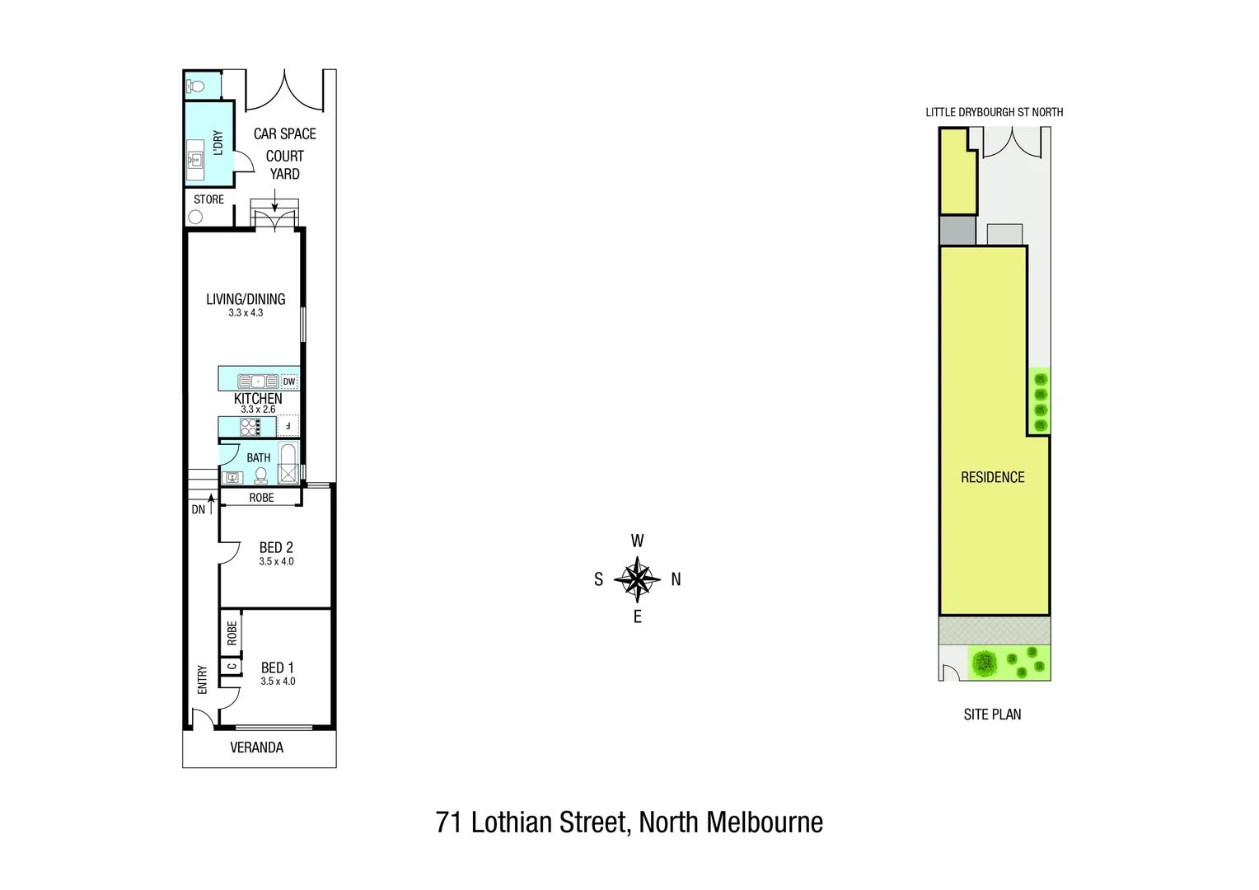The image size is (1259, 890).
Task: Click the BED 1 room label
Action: click(x=277, y=667)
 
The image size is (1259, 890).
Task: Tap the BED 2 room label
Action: click(x=276, y=547)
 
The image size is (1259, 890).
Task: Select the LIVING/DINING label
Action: click(x=246, y=299)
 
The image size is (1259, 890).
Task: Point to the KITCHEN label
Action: click(x=258, y=398)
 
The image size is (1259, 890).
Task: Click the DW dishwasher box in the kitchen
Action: click(x=289, y=382)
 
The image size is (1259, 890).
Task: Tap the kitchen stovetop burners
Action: click(x=250, y=427)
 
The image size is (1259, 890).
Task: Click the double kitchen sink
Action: click(x=258, y=382)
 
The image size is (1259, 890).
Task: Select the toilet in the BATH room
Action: click(x=261, y=475)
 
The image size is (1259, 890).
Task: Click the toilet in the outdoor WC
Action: click(x=195, y=86)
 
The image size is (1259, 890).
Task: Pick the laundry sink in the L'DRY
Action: click(x=195, y=159)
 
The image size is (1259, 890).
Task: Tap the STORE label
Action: click(x=208, y=199)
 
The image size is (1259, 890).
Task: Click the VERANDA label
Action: click(x=256, y=747)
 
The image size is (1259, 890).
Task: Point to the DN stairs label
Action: click(x=199, y=509)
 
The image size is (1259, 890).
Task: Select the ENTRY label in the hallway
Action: click(x=203, y=680)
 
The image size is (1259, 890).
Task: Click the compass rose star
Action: click(x=637, y=578)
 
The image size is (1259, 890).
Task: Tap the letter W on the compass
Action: click(x=637, y=541)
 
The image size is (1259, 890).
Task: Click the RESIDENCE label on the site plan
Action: click(x=992, y=477)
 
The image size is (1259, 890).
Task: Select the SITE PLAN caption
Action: click(x=992, y=714)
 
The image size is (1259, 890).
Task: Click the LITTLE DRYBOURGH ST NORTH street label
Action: click(x=994, y=112)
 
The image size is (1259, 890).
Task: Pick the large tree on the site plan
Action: click(x=983, y=662)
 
